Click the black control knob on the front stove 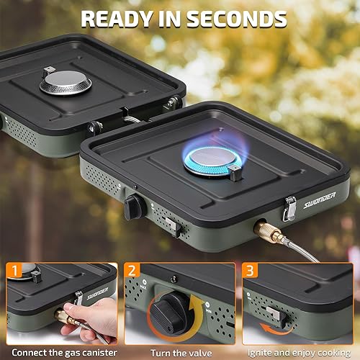coord(135,207)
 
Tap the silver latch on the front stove coord(290,208)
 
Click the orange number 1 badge coord(15,272)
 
